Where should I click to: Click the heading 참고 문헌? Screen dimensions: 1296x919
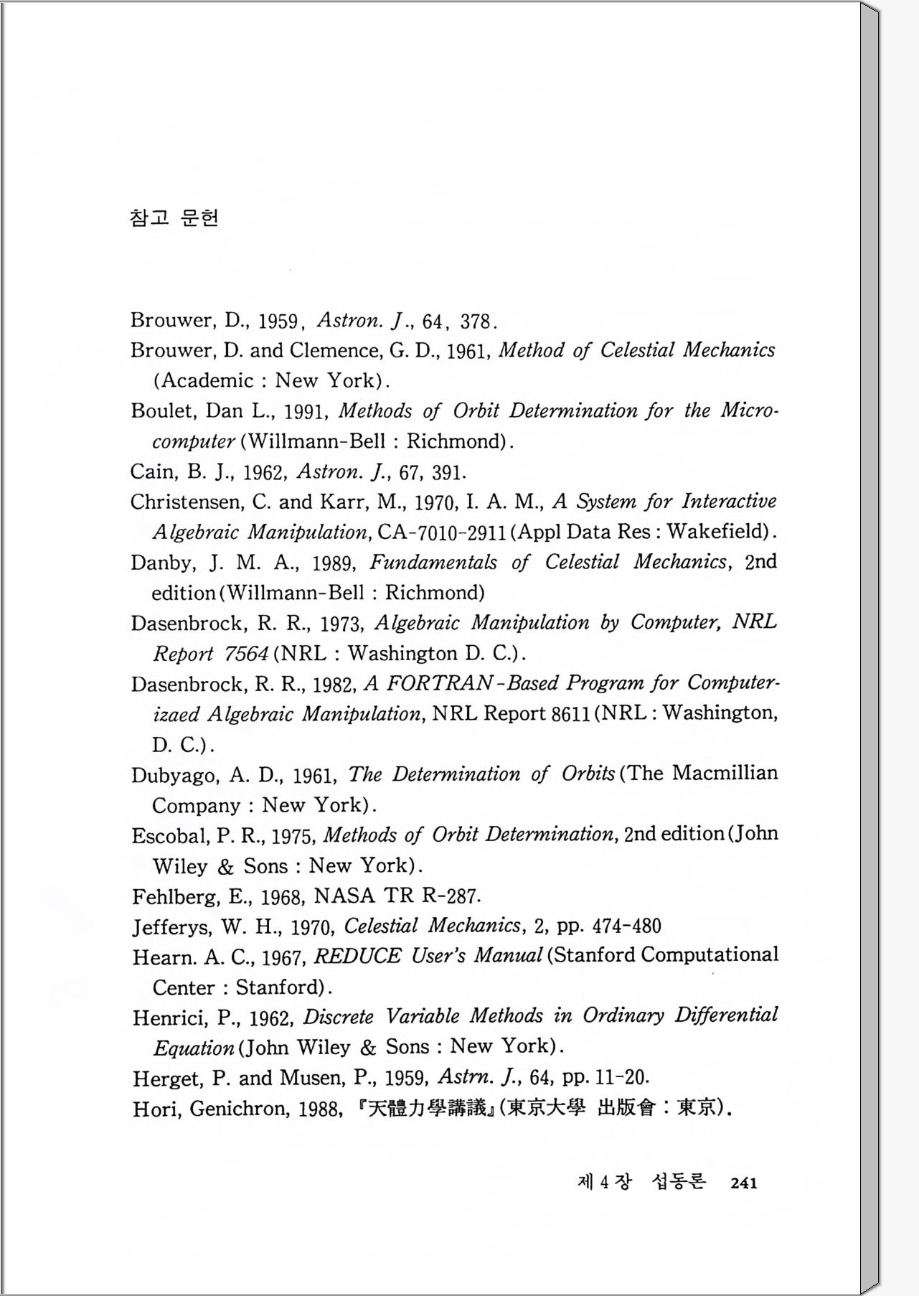(x=174, y=217)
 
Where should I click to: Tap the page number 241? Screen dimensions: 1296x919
(x=743, y=1183)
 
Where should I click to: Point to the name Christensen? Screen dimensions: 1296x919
(x=185, y=502)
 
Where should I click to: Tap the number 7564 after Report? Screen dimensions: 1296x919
(x=246, y=654)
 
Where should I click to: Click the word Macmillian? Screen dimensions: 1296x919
(x=725, y=774)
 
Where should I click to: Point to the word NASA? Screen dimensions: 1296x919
(x=344, y=896)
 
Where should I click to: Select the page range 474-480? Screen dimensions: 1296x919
(x=627, y=926)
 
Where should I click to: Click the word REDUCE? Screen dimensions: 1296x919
(x=358, y=957)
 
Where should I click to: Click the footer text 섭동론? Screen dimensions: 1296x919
(x=679, y=1183)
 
